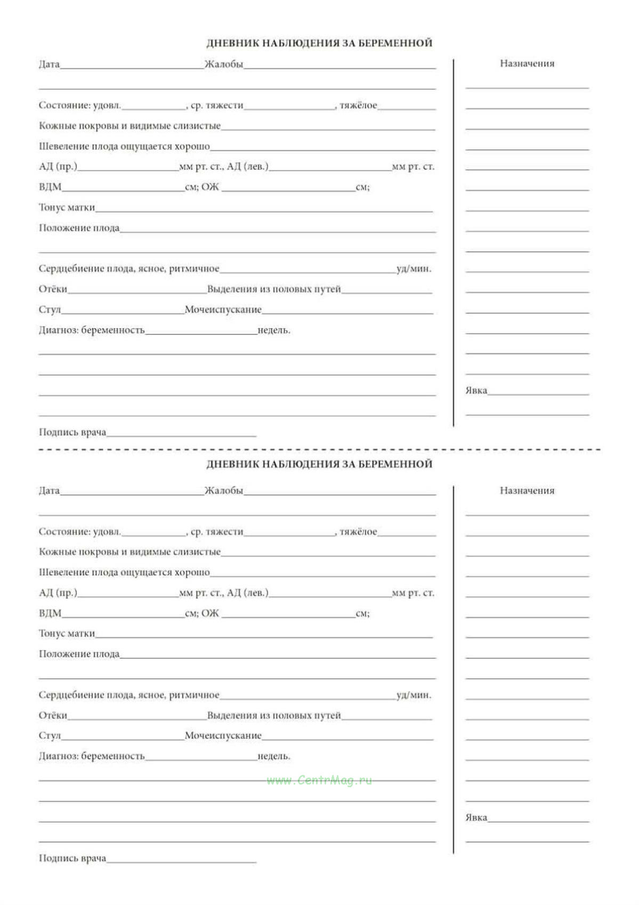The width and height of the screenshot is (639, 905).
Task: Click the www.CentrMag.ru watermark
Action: pyautogui.click(x=319, y=780)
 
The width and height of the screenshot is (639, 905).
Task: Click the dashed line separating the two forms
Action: pyautogui.click(x=319, y=450)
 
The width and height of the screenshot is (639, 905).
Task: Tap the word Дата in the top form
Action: pyautogui.click(x=49, y=64)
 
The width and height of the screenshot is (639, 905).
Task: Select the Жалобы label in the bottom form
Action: pyautogui.click(x=224, y=490)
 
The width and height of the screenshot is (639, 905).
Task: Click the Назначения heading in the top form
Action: pyautogui.click(x=527, y=63)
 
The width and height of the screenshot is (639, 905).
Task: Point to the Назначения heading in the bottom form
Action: pyautogui.click(x=527, y=490)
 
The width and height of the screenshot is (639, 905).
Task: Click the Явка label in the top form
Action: pyautogui.click(x=476, y=391)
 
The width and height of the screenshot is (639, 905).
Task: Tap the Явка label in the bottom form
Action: pyautogui.click(x=476, y=818)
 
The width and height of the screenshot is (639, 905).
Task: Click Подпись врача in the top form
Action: pyautogui.click(x=72, y=432)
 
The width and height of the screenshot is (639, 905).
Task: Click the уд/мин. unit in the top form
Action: pyautogui.click(x=414, y=269)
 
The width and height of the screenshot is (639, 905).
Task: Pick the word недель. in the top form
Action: pyautogui.click(x=273, y=330)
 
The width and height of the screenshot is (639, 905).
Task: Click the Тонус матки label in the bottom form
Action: pyautogui.click(x=67, y=633)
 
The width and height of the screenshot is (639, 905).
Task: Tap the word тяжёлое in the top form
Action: pyautogui.click(x=358, y=106)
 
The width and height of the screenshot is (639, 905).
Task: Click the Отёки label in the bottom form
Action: pyautogui.click(x=53, y=715)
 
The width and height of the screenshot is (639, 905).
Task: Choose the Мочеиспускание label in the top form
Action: pyautogui.click(x=223, y=310)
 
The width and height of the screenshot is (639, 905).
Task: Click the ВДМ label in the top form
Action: pyautogui.click(x=50, y=187)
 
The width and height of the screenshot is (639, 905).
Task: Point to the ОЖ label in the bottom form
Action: pyautogui.click(x=210, y=613)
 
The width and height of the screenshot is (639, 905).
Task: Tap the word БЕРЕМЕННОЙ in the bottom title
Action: pyautogui.click(x=395, y=464)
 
